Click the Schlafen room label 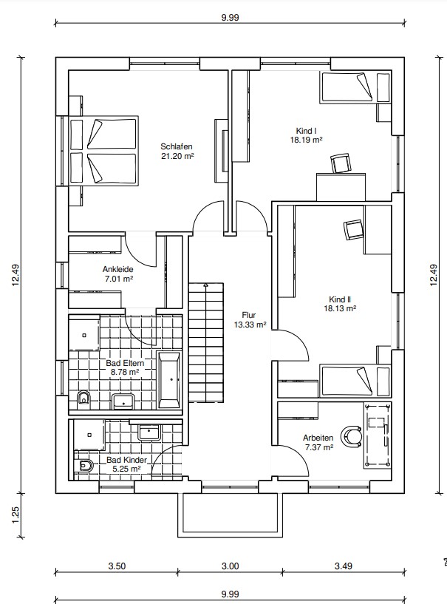(177, 146)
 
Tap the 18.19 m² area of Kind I (306, 140)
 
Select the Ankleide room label (117, 269)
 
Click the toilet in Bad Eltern (83, 398)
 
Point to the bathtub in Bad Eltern (169, 380)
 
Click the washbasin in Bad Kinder (149, 432)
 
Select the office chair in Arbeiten (352, 436)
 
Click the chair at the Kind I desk (341, 163)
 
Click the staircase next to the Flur (206, 342)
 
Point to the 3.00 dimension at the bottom (231, 566)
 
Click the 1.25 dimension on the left (16, 515)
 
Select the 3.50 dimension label (117, 566)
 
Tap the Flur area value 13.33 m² (250, 325)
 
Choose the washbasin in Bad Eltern (123, 401)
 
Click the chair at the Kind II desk (353, 230)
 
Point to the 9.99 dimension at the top (231, 17)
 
